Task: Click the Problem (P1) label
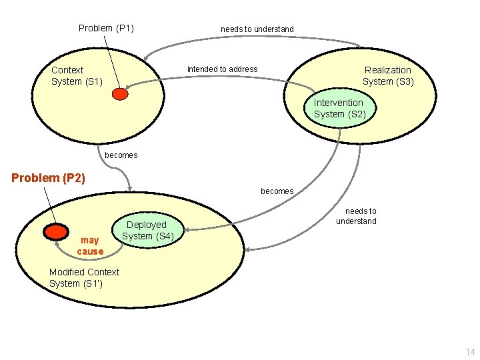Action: coord(106,28)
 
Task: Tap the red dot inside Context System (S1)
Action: coord(120,94)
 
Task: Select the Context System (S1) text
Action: coord(77,75)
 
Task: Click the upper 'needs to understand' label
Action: coord(257,29)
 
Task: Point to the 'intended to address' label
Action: coord(222,69)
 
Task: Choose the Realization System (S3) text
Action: coord(388,75)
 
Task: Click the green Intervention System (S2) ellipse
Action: coord(339,108)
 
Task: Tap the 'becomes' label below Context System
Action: coord(121,155)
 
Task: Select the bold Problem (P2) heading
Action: coord(49,178)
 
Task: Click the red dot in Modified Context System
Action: coord(56,231)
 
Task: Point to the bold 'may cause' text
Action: coord(90,245)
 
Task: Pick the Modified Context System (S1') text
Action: coord(84,277)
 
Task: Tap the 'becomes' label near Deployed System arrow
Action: coord(277,191)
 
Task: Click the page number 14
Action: coord(471,351)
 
